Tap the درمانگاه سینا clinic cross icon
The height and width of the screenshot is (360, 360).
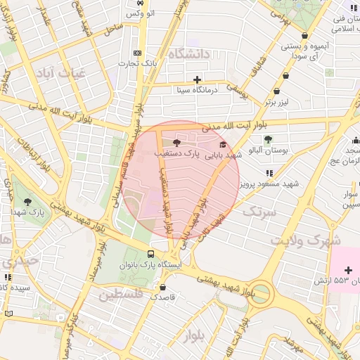[x=198, y=79]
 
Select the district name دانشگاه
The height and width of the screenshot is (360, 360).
[x=191, y=53]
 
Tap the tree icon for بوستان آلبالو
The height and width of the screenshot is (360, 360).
[x=268, y=138]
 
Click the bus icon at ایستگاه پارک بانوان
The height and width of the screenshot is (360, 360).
[x=150, y=254]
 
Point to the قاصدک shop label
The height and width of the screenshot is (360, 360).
[x=163, y=298]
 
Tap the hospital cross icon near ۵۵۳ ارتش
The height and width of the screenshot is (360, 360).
[x=349, y=271]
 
